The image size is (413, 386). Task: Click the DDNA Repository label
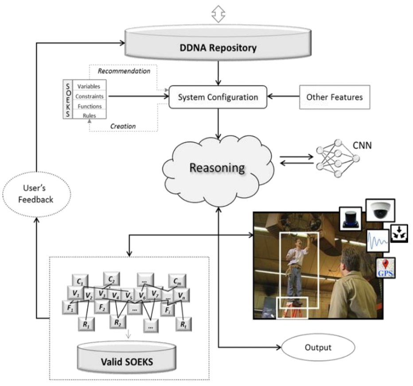click(x=218, y=48)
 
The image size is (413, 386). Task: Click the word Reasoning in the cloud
click(x=217, y=168)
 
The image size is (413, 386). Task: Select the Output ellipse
click(x=318, y=347)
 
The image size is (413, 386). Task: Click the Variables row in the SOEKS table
click(x=89, y=86)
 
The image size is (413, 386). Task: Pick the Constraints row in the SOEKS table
click(x=89, y=96)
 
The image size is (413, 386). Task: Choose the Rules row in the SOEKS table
click(x=89, y=116)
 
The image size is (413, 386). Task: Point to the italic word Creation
click(x=123, y=127)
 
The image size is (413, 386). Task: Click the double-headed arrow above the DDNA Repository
click(x=217, y=15)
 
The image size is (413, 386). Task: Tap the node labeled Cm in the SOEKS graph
click(x=177, y=281)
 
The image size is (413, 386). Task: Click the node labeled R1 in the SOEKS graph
click(x=86, y=323)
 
